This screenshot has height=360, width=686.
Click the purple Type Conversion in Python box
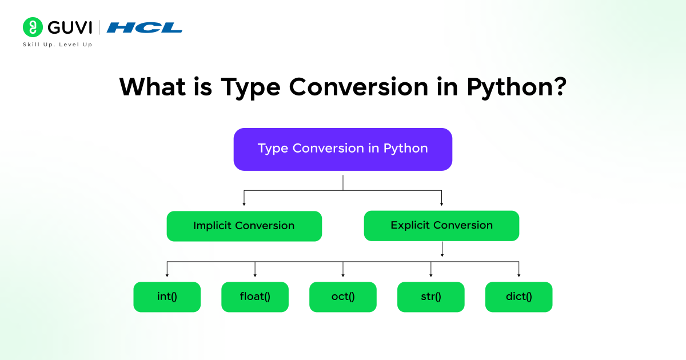click(x=343, y=149)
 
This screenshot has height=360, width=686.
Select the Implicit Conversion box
click(x=244, y=226)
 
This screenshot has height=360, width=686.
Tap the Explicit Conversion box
click(x=441, y=225)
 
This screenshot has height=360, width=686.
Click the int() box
click(x=167, y=297)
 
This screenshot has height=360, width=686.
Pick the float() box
click(x=255, y=297)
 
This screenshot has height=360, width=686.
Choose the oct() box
click(x=343, y=297)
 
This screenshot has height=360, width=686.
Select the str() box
click(x=430, y=297)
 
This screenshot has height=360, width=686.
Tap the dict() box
click(x=519, y=297)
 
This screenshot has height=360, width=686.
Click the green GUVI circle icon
click(x=33, y=27)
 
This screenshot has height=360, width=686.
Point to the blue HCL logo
click(x=144, y=27)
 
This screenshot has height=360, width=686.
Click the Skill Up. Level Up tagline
click(x=57, y=45)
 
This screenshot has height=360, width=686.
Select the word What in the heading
click(x=151, y=87)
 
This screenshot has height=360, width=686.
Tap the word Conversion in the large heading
click(x=358, y=87)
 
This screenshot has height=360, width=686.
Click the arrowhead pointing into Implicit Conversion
click(x=244, y=203)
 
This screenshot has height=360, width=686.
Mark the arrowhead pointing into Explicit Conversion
click(x=441, y=203)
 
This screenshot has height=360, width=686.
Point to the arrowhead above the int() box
click(x=167, y=275)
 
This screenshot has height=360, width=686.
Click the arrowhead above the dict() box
click(x=519, y=275)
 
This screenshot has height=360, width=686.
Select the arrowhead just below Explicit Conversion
click(x=441, y=254)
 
